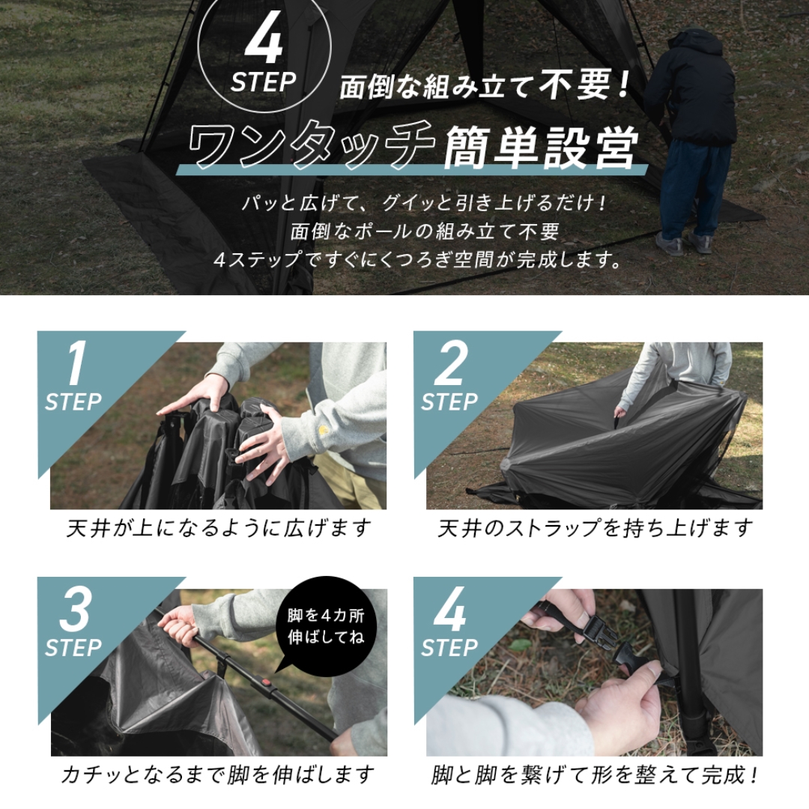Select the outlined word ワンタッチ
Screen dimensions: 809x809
[311, 147]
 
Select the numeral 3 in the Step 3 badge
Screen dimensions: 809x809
[74, 610]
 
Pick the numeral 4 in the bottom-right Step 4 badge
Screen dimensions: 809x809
[450, 610]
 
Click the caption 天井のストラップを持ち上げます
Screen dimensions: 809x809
[595, 529]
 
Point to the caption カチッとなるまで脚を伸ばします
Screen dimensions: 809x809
[217, 774]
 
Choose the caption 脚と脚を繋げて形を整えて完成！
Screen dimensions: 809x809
[595, 774]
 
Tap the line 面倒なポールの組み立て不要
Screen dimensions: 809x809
[425, 231]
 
